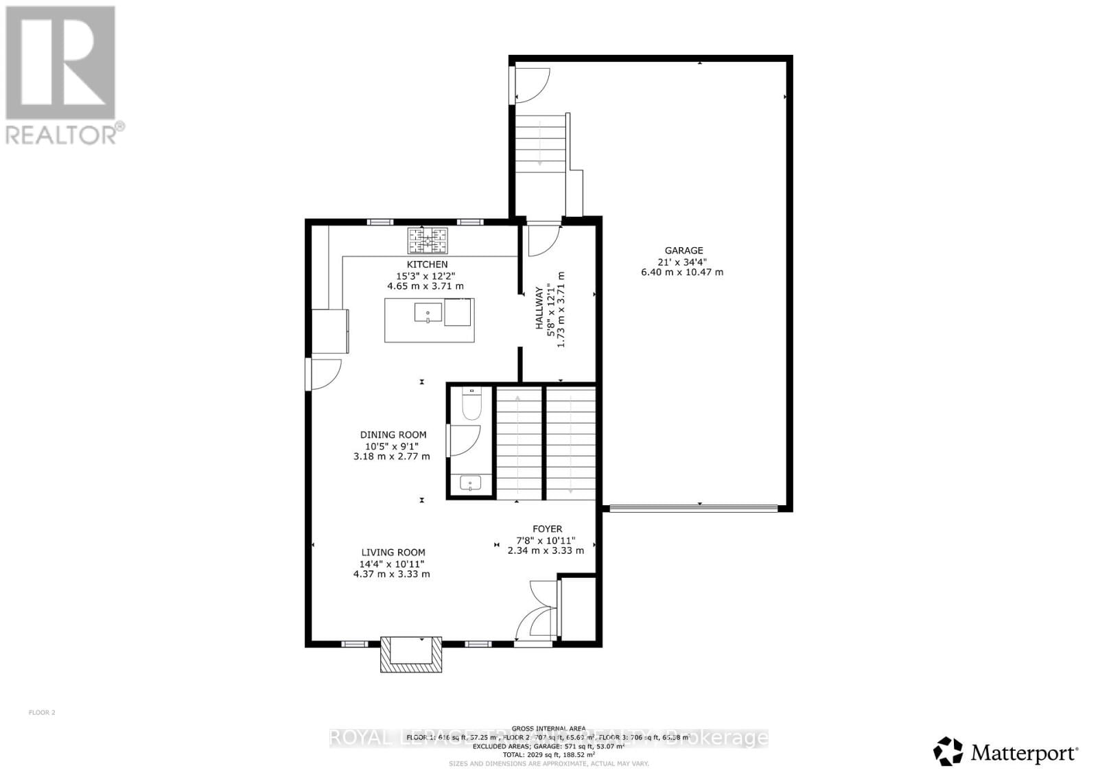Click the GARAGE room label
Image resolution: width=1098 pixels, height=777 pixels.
tap(683, 251)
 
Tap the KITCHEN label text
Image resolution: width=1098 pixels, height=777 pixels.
tap(427, 264)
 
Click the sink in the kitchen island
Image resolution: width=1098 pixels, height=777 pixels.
tap(428, 312)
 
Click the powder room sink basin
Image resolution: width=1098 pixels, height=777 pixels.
tap(470, 483)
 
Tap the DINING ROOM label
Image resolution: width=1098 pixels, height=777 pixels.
tap(393, 434)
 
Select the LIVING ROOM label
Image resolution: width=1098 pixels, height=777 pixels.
tap(393, 552)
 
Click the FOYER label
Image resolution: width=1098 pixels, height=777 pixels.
tap(547, 529)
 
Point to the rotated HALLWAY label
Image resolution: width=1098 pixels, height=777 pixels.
tap(540, 310)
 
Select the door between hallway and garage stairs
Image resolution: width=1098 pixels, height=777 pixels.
tap(544, 238)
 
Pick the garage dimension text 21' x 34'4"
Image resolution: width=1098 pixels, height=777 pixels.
tap(683, 262)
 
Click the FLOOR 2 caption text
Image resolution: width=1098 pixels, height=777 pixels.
tap(42, 712)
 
